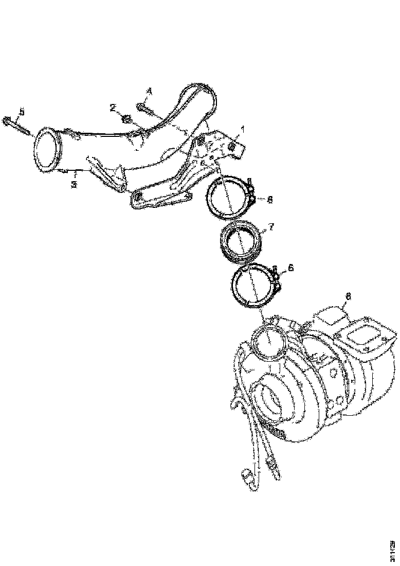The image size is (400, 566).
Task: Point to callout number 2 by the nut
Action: (x=112, y=108)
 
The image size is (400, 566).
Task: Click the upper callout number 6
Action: (x=269, y=199)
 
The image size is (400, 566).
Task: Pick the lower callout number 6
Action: (x=290, y=268)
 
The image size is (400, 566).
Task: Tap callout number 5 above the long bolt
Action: (x=21, y=111)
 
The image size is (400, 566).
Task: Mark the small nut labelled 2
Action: (x=125, y=121)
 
